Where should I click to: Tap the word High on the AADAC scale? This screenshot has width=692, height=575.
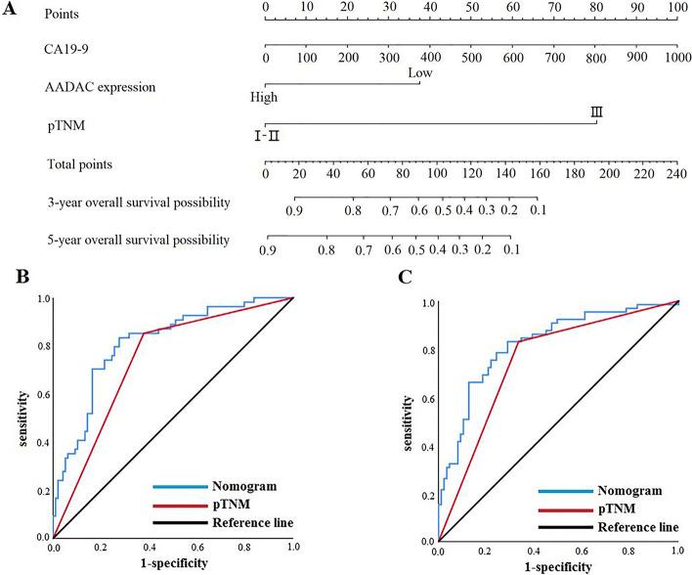263,97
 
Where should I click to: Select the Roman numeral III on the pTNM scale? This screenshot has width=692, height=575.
596,112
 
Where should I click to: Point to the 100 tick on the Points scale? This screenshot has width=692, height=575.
674,7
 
